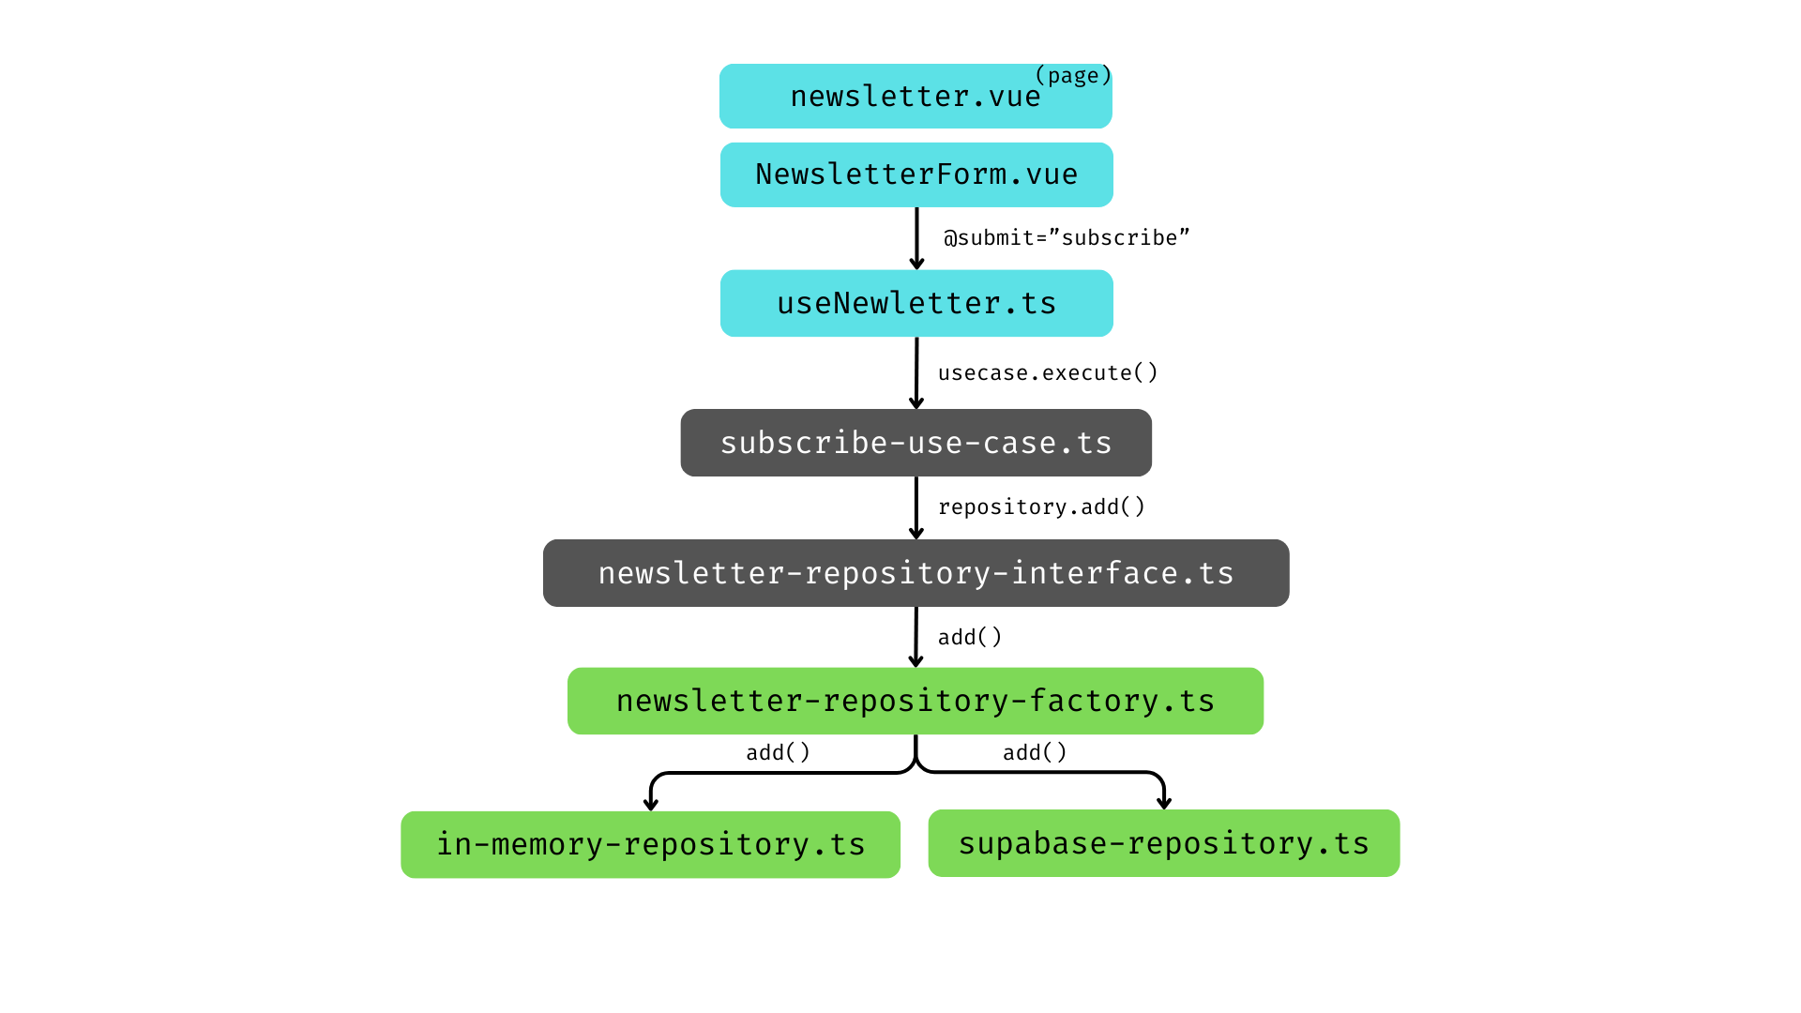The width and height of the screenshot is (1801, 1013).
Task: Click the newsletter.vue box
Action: tap(915, 98)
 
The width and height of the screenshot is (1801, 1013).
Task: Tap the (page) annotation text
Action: tap(1072, 76)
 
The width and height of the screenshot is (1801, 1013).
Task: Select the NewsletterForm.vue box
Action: tap(916, 175)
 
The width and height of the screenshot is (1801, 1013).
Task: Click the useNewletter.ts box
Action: tap(916, 304)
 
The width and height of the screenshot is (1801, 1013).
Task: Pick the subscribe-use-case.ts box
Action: tap(916, 443)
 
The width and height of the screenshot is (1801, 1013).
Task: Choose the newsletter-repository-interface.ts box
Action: tap(916, 573)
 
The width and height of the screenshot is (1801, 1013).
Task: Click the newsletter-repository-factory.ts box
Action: tap(915, 702)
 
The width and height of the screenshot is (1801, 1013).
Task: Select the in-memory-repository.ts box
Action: tap(650, 845)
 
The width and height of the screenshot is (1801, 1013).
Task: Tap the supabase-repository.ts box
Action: tap(1163, 844)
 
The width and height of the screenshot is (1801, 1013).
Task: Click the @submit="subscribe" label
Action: tap(1067, 238)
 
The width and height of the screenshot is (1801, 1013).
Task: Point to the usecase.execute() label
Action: tap(1048, 373)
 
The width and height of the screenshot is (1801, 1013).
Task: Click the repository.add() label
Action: tap(1041, 507)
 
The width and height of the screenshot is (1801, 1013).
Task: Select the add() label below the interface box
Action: tap(970, 638)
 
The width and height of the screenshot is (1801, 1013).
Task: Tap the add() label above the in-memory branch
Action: tap(778, 753)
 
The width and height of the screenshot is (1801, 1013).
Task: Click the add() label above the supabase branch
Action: tap(1035, 753)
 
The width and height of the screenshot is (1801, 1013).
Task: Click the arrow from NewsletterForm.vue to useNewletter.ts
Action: tap(916, 238)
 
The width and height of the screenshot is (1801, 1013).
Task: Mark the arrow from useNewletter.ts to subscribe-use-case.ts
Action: tap(916, 372)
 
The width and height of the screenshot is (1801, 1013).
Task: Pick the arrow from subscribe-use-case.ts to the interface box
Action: tap(916, 507)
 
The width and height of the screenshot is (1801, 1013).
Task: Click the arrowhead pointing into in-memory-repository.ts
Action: tap(651, 804)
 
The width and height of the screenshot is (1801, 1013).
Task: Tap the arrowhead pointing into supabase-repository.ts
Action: tap(1164, 802)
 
